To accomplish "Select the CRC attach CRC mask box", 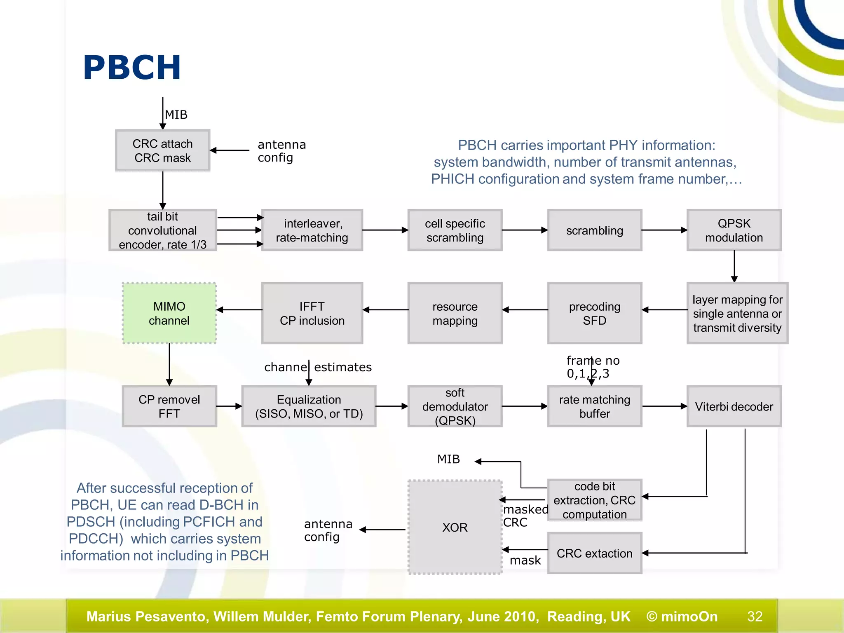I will [x=163, y=151].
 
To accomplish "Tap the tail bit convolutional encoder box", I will [x=163, y=230].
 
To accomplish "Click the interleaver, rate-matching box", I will [x=312, y=230].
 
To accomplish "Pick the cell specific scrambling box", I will [x=455, y=230].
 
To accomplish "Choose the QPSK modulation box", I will [x=734, y=230].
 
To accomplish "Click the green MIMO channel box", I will [x=169, y=313].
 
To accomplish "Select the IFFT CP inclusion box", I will [x=312, y=313].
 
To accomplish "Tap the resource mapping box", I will [x=455, y=313].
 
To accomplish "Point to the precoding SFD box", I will [x=594, y=313].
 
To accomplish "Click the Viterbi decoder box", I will [x=734, y=406].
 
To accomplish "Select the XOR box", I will [x=455, y=527].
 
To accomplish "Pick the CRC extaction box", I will [x=594, y=553].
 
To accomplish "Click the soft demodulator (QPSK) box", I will [x=455, y=406].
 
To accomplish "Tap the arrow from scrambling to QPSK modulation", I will [x=664, y=230].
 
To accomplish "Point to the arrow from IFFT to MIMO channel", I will [x=239, y=309].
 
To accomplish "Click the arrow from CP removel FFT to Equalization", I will [x=229, y=406].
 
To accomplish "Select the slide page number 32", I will [x=755, y=616].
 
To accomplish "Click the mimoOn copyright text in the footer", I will [x=682, y=616].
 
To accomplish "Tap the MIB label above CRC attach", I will [x=176, y=115].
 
